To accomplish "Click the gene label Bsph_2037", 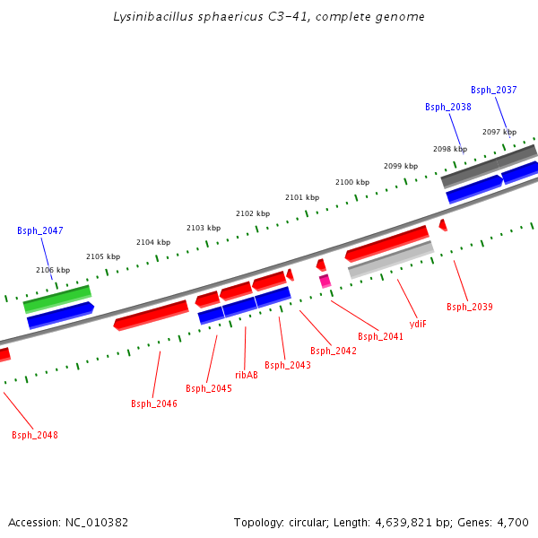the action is pyautogui.click(x=494, y=90).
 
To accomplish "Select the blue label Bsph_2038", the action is pyautogui.click(x=448, y=107).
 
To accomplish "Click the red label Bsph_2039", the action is pyautogui.click(x=470, y=308).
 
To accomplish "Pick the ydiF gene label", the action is pyautogui.click(x=418, y=324).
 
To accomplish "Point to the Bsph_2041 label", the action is pyautogui.click(x=381, y=336).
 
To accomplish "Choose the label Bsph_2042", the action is pyautogui.click(x=334, y=351).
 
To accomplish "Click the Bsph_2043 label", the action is pyautogui.click(x=288, y=365).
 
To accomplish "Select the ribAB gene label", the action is pyautogui.click(x=247, y=375).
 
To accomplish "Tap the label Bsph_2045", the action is pyautogui.click(x=209, y=388).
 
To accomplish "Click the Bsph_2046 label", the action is pyautogui.click(x=154, y=403).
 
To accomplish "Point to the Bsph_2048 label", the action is pyautogui.click(x=35, y=435).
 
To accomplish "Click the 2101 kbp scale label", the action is pyautogui.click(x=302, y=197).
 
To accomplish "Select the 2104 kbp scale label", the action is pyautogui.click(x=153, y=242).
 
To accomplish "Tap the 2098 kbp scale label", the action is pyautogui.click(x=450, y=150).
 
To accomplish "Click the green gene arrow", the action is pyautogui.click(x=57, y=299).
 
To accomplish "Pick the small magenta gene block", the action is pyautogui.click(x=325, y=281).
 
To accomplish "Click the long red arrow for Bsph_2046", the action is pyautogui.click(x=151, y=314).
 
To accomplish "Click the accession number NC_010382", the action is pyautogui.click(x=96, y=522).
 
